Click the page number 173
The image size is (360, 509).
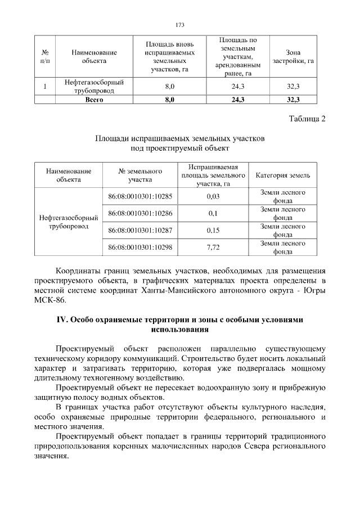(180, 25)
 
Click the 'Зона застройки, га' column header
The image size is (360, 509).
(292, 56)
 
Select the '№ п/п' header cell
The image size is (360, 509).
(44, 56)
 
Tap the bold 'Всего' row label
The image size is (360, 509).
(94, 100)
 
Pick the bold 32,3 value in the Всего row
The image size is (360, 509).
(292, 100)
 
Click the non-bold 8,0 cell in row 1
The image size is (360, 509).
(169, 87)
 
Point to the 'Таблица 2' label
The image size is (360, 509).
(307, 118)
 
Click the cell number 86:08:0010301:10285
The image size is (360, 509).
(139, 196)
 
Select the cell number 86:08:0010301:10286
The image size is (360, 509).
(139, 213)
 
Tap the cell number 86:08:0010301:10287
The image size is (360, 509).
(139, 230)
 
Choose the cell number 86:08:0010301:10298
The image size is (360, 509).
(139, 247)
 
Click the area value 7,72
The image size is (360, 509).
(213, 247)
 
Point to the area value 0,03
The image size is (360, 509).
(213, 196)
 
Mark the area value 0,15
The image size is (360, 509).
(213, 230)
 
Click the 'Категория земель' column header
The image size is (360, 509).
(282, 175)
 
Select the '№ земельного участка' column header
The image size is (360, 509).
(140, 175)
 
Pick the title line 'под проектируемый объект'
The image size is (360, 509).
(179, 147)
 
